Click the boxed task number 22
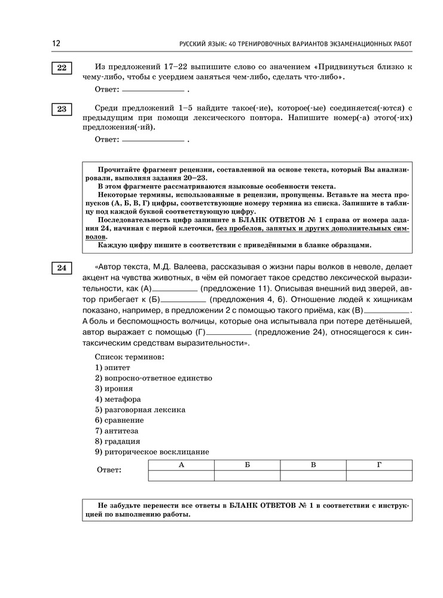pyautogui.click(x=62, y=68)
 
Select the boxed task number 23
pyautogui.click(x=62, y=109)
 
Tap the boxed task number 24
pyautogui.click(x=62, y=268)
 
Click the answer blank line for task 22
pyautogui.click(x=152, y=90)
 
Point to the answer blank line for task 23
pyautogui.click(x=152, y=141)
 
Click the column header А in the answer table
pyautogui.click(x=181, y=465)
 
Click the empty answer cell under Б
pyautogui.click(x=247, y=475)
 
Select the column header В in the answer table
pyautogui.click(x=313, y=465)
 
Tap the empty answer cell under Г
pyautogui.click(x=379, y=475)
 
